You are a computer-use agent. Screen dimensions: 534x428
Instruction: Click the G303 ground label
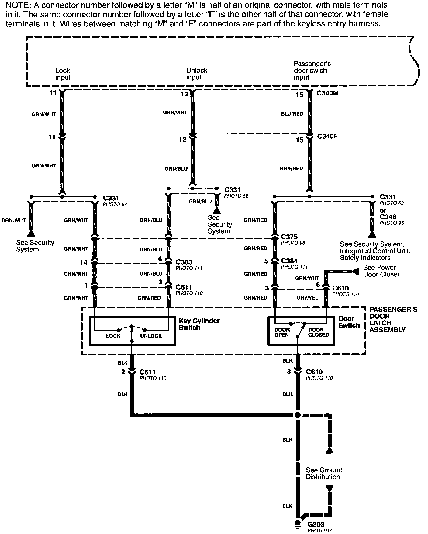coord(316,524)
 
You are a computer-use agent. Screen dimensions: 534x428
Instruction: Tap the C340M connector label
coord(327,93)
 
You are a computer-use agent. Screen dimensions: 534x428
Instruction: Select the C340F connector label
coord(327,136)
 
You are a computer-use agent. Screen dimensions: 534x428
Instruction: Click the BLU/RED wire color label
coord(292,114)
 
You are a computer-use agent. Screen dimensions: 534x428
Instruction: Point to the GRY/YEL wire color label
coord(307,297)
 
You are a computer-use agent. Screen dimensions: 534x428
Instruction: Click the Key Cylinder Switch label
coord(199,324)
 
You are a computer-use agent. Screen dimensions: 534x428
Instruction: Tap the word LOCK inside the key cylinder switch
coord(113,336)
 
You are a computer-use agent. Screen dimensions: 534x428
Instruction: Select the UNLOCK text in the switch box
coord(151,336)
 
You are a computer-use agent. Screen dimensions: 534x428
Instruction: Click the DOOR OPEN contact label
coord(282,332)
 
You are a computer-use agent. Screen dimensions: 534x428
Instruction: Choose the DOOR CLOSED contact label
coord(319,332)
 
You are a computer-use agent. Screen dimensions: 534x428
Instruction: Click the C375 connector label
coord(289,237)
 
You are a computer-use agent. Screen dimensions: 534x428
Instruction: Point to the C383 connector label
coord(184,262)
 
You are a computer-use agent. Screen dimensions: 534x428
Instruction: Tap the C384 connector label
coord(289,261)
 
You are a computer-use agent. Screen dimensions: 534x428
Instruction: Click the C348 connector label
coord(388,217)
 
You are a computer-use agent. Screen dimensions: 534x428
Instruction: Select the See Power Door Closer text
coord(381,271)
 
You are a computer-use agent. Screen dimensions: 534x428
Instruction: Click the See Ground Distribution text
coord(324,473)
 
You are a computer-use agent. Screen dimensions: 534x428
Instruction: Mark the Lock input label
coord(63,74)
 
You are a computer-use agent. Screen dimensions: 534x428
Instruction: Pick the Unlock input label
coord(196,74)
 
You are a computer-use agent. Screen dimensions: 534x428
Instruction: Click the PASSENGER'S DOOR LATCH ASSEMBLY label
coord(393,319)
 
